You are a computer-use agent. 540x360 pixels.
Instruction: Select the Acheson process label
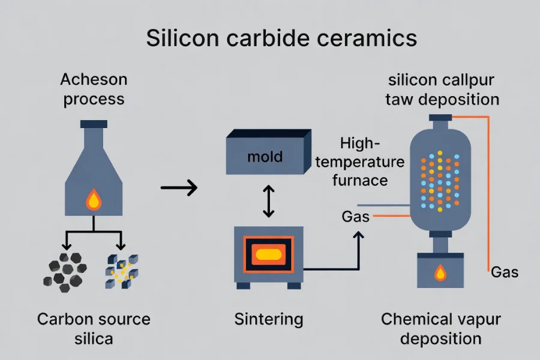pyautogui.click(x=94, y=89)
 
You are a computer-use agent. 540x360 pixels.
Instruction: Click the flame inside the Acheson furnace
pyautogui.click(x=94, y=199)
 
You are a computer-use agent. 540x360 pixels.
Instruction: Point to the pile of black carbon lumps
pyautogui.click(x=66, y=271)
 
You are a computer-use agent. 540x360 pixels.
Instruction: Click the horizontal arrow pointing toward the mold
pyautogui.click(x=179, y=188)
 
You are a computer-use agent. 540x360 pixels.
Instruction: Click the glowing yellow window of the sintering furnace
pyautogui.click(x=268, y=255)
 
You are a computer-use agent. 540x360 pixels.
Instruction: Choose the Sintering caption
pyautogui.click(x=268, y=319)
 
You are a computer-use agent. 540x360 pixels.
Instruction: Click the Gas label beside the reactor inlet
pyautogui.click(x=356, y=217)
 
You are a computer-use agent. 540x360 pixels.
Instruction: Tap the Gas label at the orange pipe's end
pyautogui.click(x=505, y=272)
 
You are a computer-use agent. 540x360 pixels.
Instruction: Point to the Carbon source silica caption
pyautogui.click(x=94, y=328)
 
